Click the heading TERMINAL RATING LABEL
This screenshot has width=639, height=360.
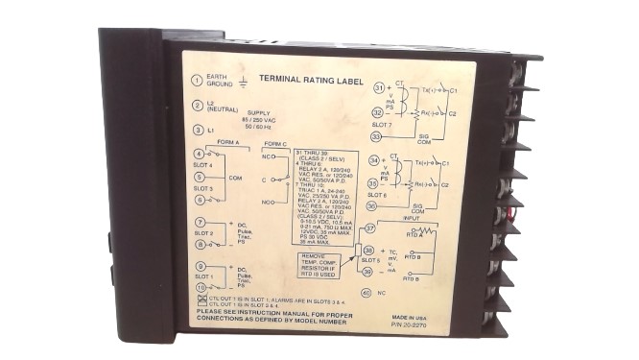301,81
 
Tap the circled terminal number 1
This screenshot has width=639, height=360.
197,81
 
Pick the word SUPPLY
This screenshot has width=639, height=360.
261,111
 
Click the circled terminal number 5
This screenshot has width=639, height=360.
198,177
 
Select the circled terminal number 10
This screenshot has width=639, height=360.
200,286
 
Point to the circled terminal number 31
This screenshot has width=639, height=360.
379,88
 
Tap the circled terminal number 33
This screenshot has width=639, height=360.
378,136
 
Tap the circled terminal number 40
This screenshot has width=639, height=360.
366,293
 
